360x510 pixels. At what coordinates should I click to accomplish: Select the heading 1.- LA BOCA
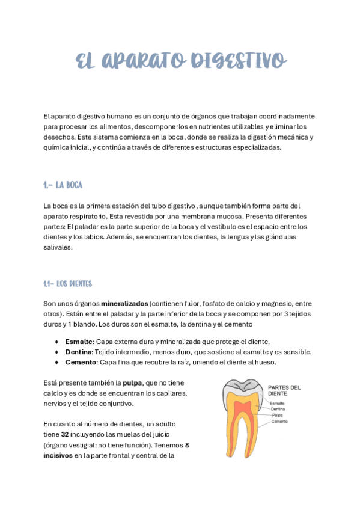coord(63,185)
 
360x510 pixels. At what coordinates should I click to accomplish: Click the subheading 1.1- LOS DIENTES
coord(67,283)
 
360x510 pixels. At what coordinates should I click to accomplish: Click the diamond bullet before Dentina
coord(56,352)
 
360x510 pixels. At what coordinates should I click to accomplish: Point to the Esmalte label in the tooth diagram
coord(277,403)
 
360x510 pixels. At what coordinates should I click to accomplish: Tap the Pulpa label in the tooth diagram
coord(277,415)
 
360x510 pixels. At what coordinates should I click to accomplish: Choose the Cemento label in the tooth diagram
coord(279,422)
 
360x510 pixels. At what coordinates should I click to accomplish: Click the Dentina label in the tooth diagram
coord(278,409)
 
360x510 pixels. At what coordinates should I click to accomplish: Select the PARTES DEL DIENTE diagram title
coord(284,390)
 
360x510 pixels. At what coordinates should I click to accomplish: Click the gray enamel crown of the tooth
coord(227,391)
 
